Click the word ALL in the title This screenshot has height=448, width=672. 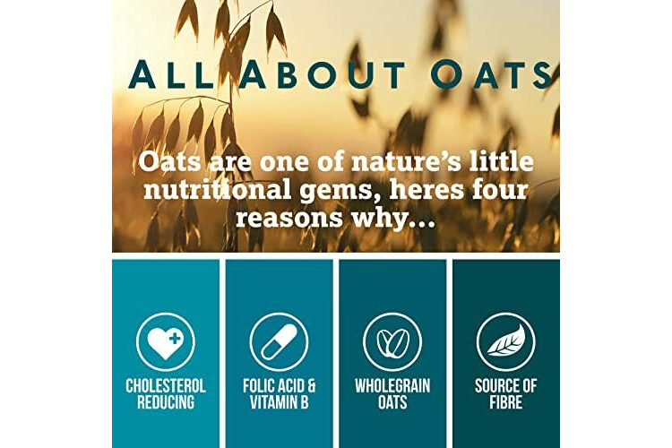(170, 74)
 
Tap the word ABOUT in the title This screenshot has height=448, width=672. (322, 74)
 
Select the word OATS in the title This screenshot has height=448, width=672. (491, 74)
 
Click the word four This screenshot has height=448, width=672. (500, 189)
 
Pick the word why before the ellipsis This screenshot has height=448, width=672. (377, 219)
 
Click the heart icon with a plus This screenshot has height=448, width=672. (166, 341)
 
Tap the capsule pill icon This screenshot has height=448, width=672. (279, 341)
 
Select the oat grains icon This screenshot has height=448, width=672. (392, 341)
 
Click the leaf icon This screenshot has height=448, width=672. (505, 341)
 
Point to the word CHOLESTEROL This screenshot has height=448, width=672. (166, 386)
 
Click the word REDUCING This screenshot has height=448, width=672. (166, 402)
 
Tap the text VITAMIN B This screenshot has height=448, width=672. (279, 402)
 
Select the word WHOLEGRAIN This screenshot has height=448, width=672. (392, 386)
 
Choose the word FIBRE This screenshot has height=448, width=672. (505, 402)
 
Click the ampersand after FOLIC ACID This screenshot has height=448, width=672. (312, 386)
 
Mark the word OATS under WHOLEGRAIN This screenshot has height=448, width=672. (392, 402)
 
